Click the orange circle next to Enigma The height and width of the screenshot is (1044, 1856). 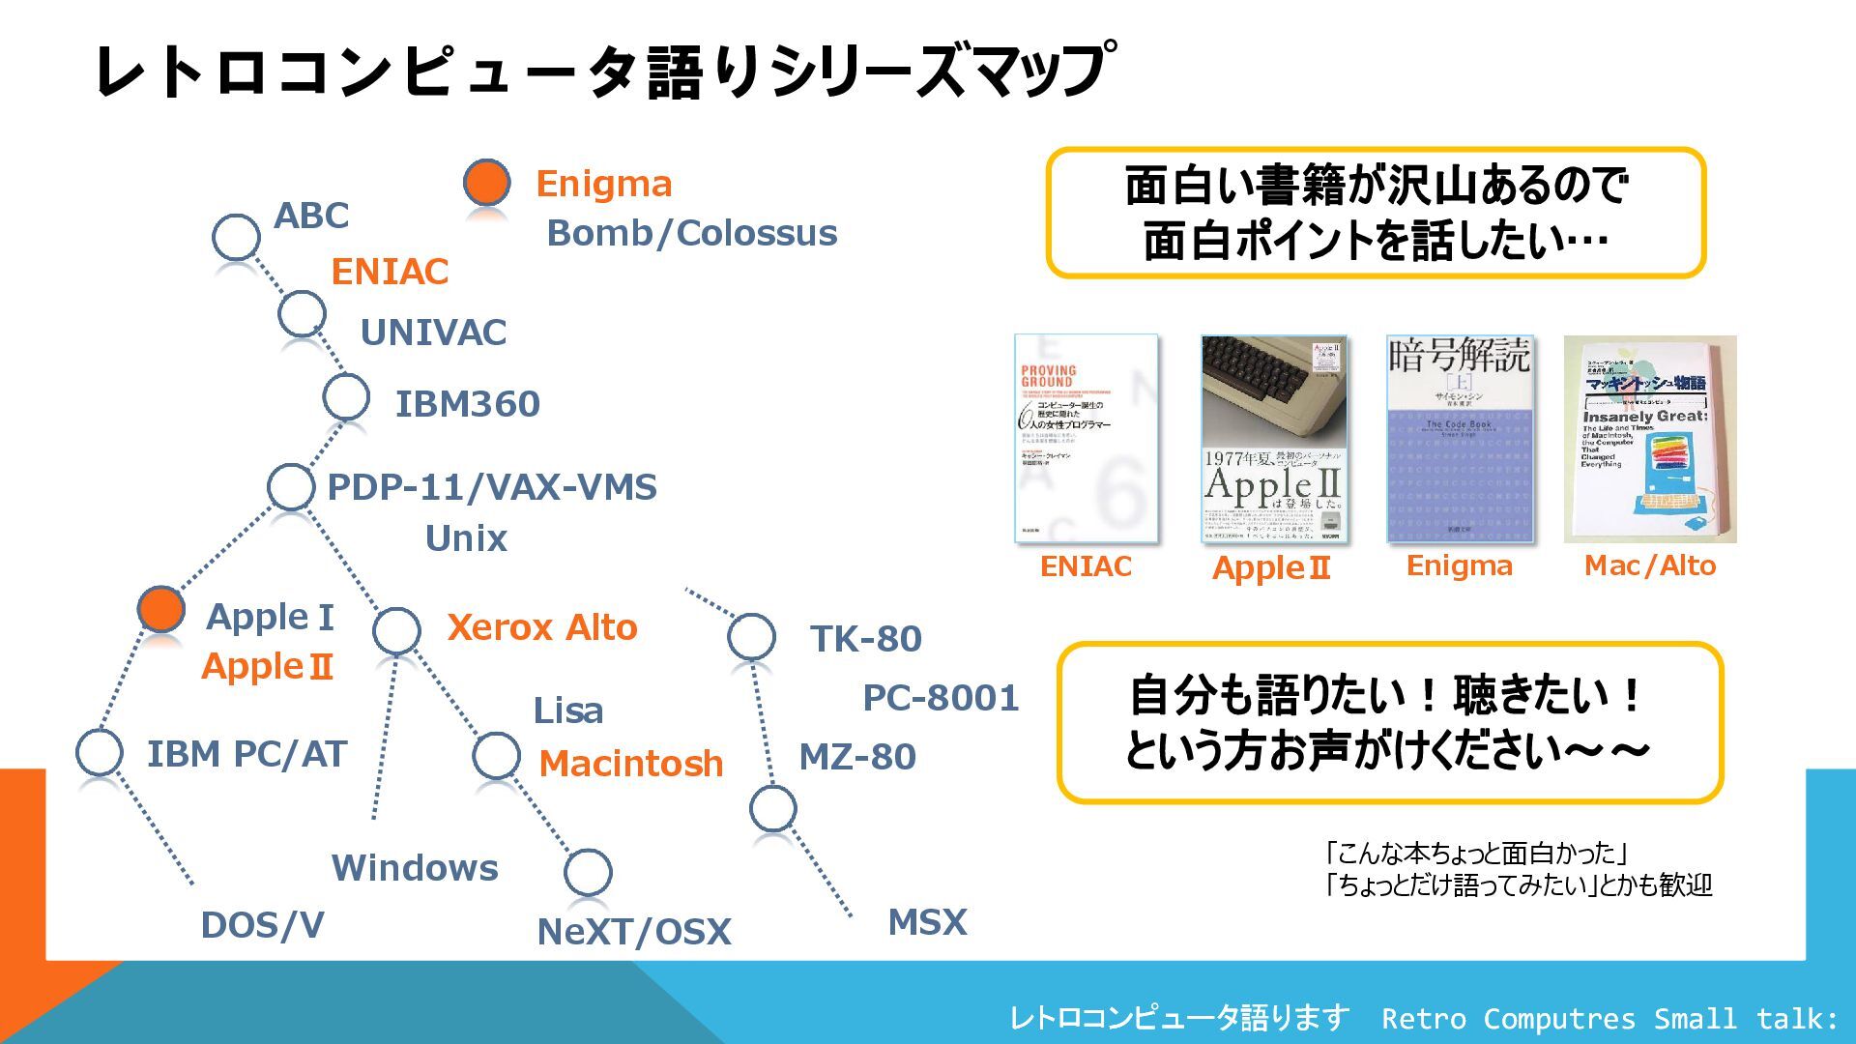(x=486, y=182)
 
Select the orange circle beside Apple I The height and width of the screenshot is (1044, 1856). (x=160, y=608)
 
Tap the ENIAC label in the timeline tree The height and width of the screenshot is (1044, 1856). (x=390, y=272)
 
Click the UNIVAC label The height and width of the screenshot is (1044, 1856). (x=433, y=333)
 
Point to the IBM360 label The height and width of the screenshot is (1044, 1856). (x=467, y=404)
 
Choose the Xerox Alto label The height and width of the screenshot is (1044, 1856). (x=541, y=627)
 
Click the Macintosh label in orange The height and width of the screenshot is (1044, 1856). (x=630, y=764)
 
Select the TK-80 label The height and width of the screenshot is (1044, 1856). (x=865, y=639)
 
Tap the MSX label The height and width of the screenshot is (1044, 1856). (x=927, y=922)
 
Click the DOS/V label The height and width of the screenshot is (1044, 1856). (x=262, y=925)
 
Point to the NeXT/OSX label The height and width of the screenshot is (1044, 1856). (x=633, y=932)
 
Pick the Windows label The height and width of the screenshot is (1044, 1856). (x=415, y=868)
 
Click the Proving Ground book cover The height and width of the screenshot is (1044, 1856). (x=1086, y=439)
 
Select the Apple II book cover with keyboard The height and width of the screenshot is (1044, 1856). (x=1272, y=439)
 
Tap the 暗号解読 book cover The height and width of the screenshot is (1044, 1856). (x=1459, y=439)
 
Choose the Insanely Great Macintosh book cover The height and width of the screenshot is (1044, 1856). (x=1649, y=439)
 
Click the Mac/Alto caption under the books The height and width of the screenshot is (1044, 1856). (x=1649, y=565)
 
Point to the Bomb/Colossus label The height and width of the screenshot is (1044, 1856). (x=691, y=233)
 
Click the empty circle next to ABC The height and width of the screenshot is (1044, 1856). (x=236, y=237)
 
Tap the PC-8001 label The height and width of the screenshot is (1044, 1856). (x=941, y=698)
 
